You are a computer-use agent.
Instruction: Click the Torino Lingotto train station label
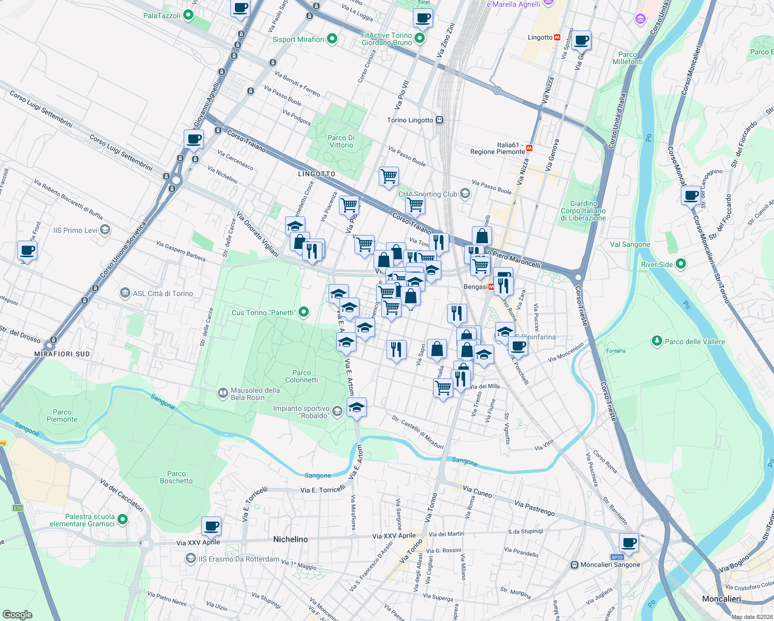pos(410,120)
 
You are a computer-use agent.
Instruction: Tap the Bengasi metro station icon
pos(491,287)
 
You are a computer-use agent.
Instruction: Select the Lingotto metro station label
pos(540,37)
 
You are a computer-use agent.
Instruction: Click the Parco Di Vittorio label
pos(341,141)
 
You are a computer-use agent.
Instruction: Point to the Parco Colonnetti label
pos(302,376)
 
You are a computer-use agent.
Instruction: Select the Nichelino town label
pos(290,539)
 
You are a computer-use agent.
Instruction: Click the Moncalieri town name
pos(721,599)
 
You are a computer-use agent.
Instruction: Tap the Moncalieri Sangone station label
pos(610,565)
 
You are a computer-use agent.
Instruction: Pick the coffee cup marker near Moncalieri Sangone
pos(629,543)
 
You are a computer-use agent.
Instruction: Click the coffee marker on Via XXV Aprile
pos(211,526)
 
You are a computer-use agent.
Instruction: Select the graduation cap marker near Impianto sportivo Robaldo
pos(356,408)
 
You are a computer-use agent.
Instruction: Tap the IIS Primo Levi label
pos(75,230)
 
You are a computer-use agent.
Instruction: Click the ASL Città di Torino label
pos(162,293)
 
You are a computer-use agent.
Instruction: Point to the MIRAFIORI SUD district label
pos(62,354)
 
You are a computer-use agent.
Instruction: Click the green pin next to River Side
pos(681,264)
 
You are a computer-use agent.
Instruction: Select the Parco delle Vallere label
pos(694,342)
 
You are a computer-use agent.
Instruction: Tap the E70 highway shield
pos(18,508)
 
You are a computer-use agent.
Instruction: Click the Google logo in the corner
pos(18,614)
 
